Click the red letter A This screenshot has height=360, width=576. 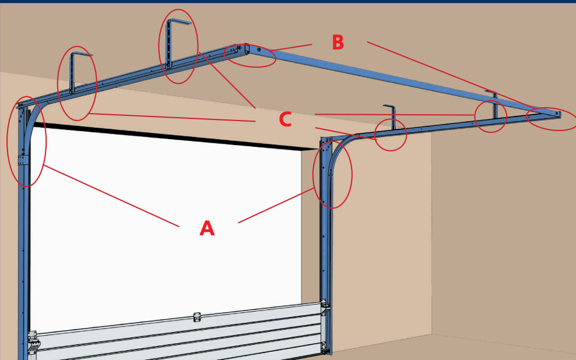(207, 228)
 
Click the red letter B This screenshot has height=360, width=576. (338, 42)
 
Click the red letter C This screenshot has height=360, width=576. (285, 119)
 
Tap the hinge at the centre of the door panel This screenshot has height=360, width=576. (197, 317)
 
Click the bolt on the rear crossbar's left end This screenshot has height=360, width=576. (259, 49)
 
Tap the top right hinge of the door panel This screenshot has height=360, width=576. (324, 304)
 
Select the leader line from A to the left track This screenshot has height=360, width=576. (111, 196)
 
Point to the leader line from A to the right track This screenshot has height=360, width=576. (276, 206)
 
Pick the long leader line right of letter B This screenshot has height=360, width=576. (452, 76)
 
